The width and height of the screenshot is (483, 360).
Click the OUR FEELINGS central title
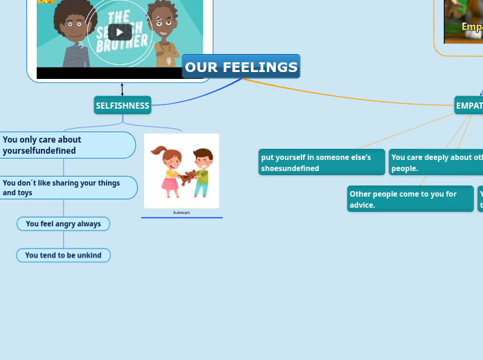tap(241, 66)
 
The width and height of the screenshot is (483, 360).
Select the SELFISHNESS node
tap(123, 106)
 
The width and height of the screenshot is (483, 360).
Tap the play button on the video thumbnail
tap(120, 32)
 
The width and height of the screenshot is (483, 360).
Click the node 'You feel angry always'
tap(63, 224)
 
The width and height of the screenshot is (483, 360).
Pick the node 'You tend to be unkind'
tap(63, 255)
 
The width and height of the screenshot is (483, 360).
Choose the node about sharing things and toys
tap(67, 188)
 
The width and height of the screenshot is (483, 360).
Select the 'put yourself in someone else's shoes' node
tap(322, 162)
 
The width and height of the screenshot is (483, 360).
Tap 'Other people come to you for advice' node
tap(410, 199)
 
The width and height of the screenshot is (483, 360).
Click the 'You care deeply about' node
tap(436, 162)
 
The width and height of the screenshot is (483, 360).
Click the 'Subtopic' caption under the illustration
tap(182, 213)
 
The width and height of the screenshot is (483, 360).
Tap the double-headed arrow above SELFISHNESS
tap(122, 90)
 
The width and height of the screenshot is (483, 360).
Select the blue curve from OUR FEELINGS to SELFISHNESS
tap(201, 97)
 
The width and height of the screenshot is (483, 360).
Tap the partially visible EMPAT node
tap(469, 106)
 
